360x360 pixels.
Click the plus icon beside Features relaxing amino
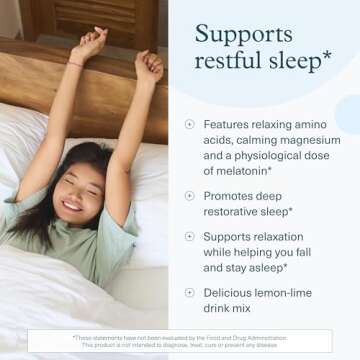(x=189, y=124)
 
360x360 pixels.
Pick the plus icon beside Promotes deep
(x=189, y=195)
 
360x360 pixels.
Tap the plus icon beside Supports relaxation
(x=189, y=237)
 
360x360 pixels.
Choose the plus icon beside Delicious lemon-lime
(x=189, y=292)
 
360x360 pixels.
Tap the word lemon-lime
(x=300, y=292)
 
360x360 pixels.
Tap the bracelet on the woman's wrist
(x=76, y=63)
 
